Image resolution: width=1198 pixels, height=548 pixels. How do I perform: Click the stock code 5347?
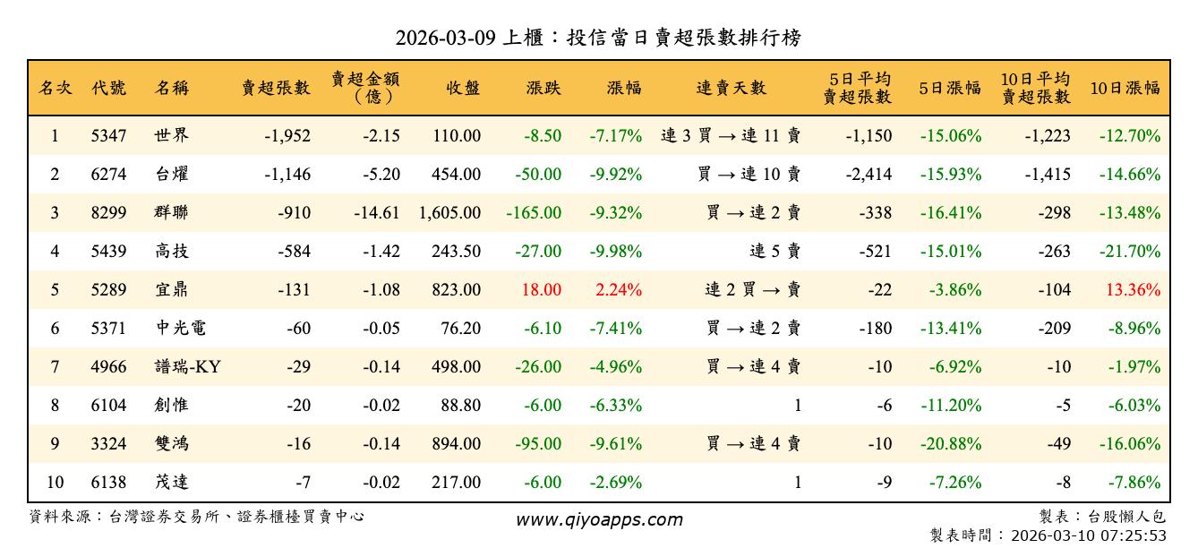point(108,136)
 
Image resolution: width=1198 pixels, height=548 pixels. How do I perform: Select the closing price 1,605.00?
point(449,213)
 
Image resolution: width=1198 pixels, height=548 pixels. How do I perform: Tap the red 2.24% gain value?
point(616,290)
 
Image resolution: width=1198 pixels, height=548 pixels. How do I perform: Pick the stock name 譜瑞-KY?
point(187,367)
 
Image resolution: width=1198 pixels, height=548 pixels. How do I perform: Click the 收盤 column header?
point(463,88)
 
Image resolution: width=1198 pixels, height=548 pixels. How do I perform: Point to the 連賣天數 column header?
point(732,88)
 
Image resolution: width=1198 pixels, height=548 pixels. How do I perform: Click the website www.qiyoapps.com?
point(599,519)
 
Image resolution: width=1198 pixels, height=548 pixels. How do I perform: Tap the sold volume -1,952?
point(287,136)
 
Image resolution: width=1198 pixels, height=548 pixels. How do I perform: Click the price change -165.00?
point(534,213)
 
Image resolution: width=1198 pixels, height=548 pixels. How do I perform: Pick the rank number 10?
point(55,483)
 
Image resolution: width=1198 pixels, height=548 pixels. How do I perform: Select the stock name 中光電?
point(180,329)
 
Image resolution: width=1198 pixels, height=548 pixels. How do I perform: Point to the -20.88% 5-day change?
point(950,444)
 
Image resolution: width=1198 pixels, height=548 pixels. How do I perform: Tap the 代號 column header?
point(108,88)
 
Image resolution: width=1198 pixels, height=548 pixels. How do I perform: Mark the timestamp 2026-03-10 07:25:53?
point(1089,535)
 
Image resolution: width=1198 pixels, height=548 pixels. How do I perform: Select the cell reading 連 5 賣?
point(774,252)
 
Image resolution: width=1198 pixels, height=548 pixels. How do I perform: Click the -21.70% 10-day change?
point(1130,252)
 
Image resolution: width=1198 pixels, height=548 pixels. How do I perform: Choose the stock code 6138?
point(108,483)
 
